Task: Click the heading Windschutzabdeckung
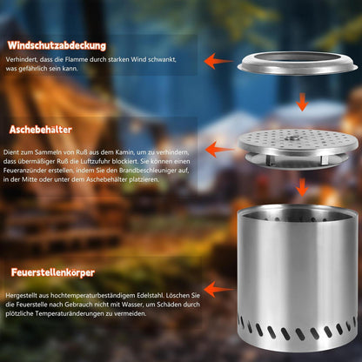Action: pos(57,45)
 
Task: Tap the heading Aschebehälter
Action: pos(41,130)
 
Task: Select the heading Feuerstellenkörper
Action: pos(53,272)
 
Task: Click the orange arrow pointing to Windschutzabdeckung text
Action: pos(218,61)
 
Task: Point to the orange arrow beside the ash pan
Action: pos(219,149)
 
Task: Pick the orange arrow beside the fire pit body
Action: pos(219,289)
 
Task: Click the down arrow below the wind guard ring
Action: pos(302,102)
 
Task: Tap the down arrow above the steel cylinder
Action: pos(302,187)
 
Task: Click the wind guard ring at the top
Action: pos(298,64)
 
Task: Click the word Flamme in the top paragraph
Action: pos(76,59)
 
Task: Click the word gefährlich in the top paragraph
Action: pos(34,69)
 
